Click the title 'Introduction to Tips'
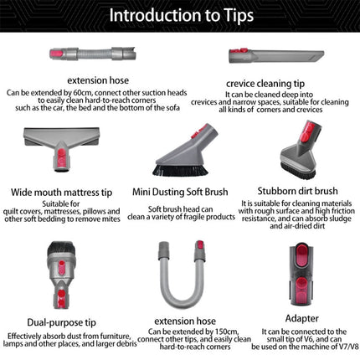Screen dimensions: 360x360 click(180, 16)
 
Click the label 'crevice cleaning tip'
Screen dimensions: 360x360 click(270, 83)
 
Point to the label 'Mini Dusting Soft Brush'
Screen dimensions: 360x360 click(181, 190)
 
